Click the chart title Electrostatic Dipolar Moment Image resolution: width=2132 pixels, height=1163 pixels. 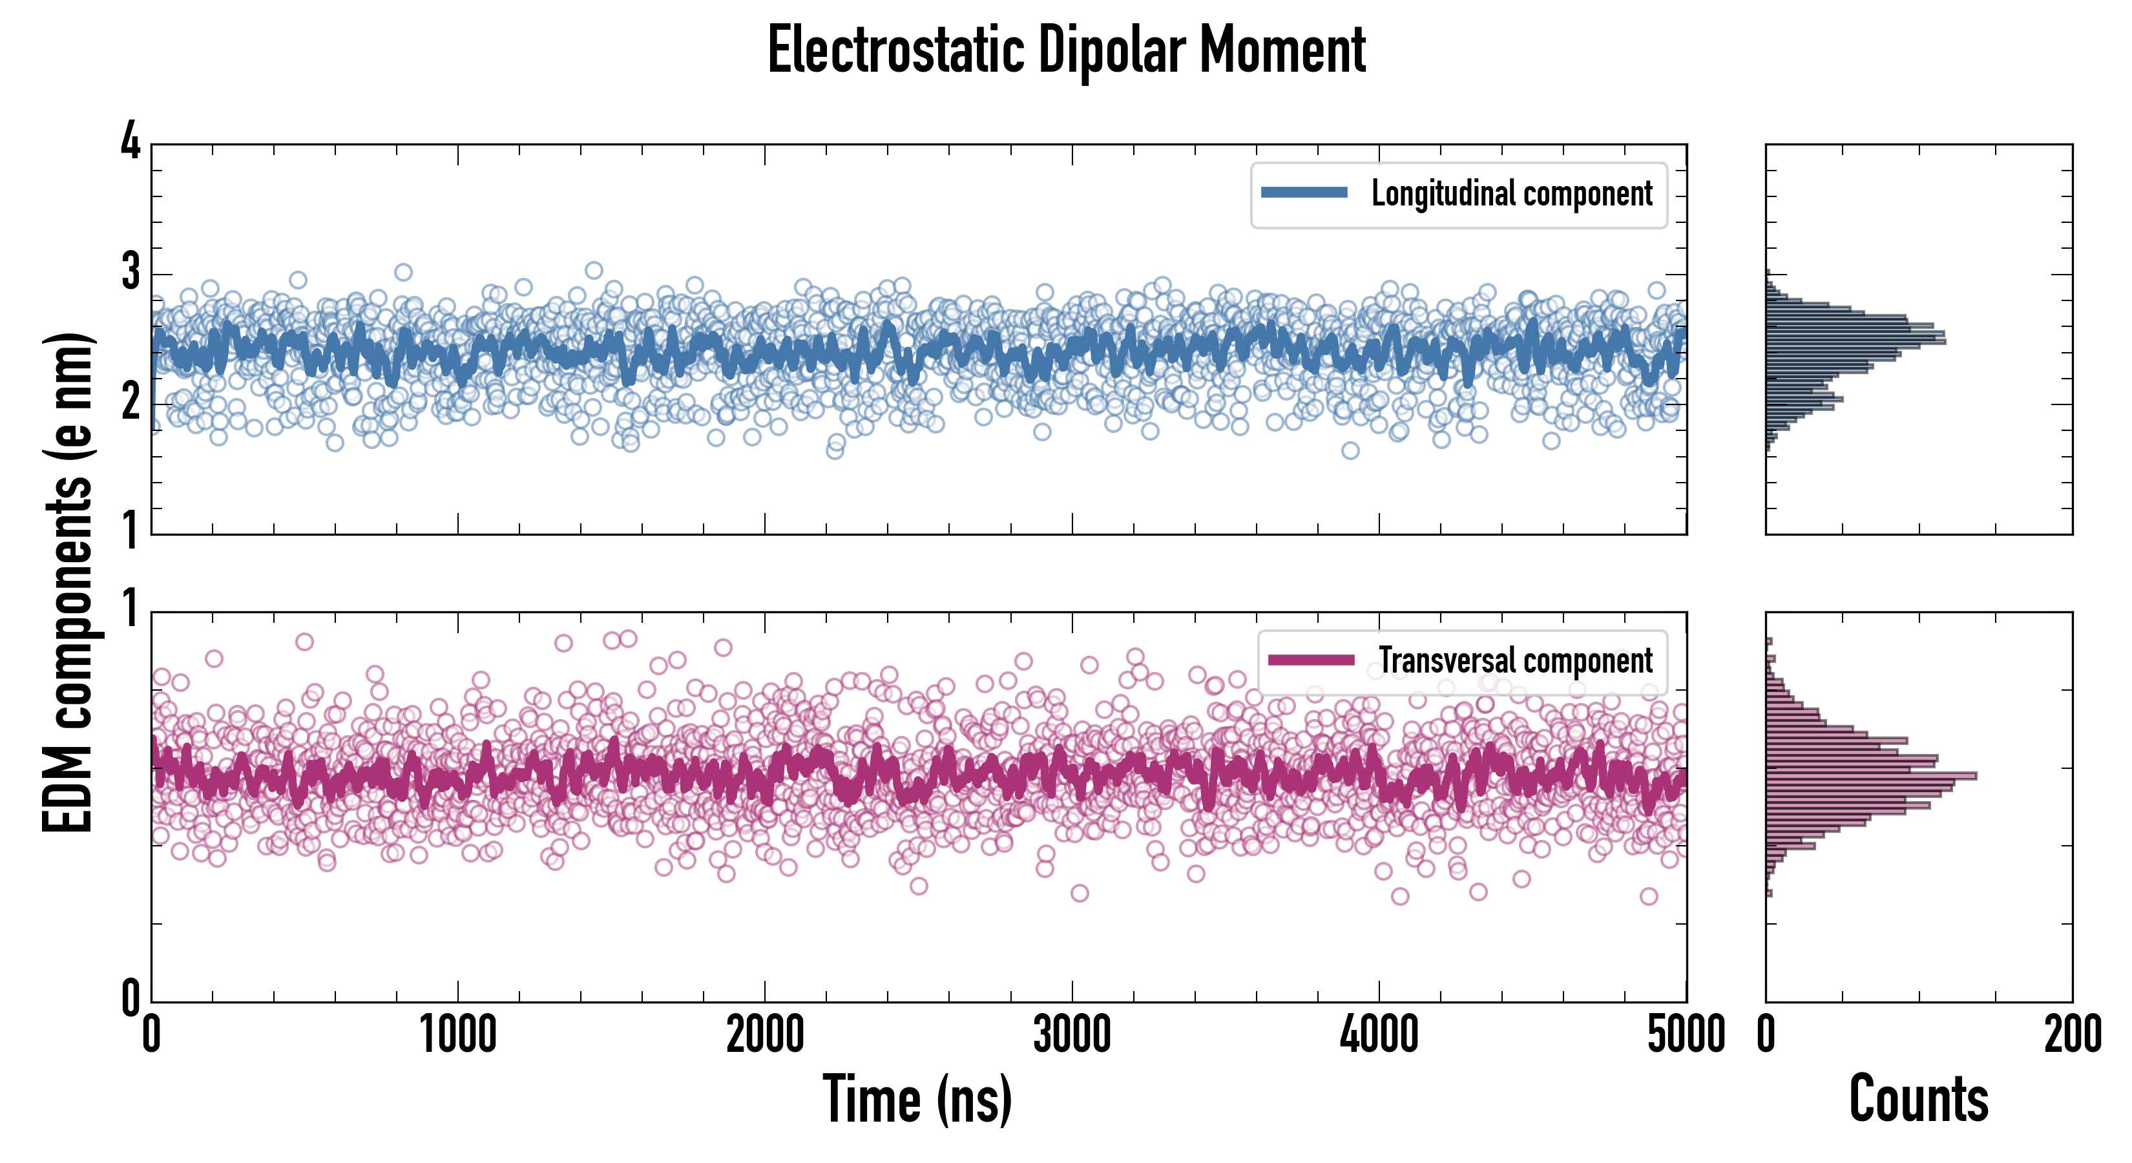tap(1066, 51)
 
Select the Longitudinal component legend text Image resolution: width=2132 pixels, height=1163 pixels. tap(1511, 194)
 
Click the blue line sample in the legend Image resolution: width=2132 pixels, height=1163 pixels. tap(1304, 193)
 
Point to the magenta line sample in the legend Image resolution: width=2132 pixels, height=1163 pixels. tap(1311, 660)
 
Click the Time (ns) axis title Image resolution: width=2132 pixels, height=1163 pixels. tap(917, 1099)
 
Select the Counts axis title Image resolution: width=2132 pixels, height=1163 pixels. tap(1918, 1099)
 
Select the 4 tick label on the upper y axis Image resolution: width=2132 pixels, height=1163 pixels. tap(131, 142)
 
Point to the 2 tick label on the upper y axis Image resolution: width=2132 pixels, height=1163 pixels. tap(131, 403)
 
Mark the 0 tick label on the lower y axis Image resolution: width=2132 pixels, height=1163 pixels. tap(131, 998)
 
